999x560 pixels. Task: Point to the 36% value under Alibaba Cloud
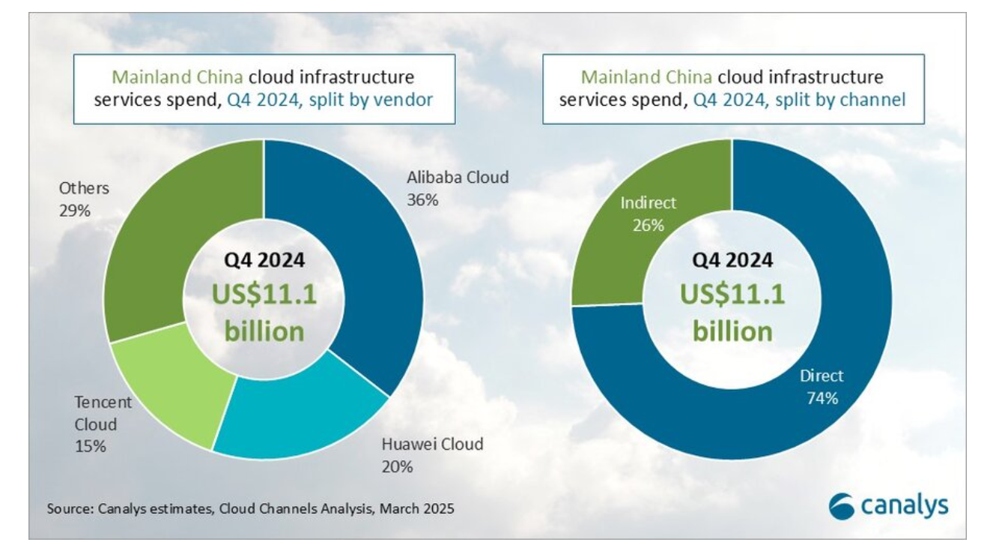[422, 200]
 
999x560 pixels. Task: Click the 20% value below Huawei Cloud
[397, 466]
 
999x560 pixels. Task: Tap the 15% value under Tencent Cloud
[90, 446]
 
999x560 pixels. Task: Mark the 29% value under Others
[74, 210]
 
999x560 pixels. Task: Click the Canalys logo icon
[842, 508]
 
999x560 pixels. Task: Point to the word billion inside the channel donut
[732, 331]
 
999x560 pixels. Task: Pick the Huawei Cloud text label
[432, 443]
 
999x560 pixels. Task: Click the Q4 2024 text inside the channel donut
[732, 260]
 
